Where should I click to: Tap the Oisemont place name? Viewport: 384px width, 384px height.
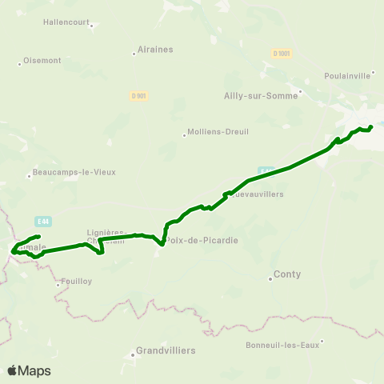(x=42, y=60)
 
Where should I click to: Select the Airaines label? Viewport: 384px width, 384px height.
(x=156, y=50)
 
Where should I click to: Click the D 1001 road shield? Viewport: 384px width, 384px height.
(x=281, y=52)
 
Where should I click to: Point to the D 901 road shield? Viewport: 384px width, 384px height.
(x=138, y=95)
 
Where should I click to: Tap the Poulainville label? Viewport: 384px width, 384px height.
(x=347, y=75)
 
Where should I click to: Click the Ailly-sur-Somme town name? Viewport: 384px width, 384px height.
(x=261, y=94)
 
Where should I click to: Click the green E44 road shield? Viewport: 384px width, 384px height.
(x=44, y=221)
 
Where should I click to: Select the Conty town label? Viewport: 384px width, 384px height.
(x=287, y=274)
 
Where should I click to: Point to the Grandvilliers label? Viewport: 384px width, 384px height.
(x=166, y=350)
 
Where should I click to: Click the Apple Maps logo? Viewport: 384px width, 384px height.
(x=29, y=370)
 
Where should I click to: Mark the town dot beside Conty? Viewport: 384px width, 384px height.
(x=270, y=278)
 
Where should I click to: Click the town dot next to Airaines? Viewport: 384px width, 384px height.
(x=134, y=54)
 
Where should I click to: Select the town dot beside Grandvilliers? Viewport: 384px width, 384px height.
(x=133, y=354)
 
